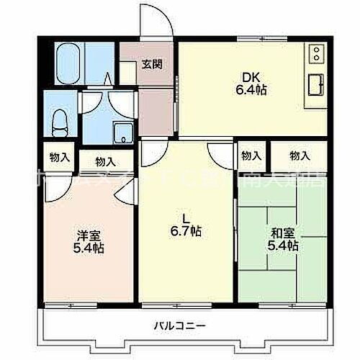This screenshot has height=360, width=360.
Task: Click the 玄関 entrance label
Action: coord(151,63)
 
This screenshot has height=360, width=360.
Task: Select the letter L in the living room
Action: coord(185,218)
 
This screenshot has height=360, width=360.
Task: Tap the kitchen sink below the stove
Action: coord(315,85)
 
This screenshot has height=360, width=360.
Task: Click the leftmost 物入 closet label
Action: coord(59,156)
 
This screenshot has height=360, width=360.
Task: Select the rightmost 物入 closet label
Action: coord(300,155)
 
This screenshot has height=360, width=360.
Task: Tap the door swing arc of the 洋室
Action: coord(127,189)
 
